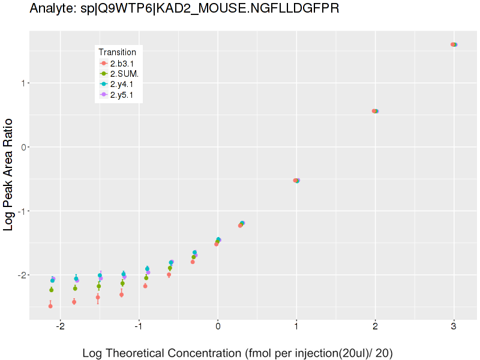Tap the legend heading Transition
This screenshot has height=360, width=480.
pos(117,52)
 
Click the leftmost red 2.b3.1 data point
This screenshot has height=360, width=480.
pos(50,306)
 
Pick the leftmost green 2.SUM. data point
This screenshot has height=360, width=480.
pos(52,290)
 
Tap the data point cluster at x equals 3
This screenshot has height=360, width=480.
pos(454,44)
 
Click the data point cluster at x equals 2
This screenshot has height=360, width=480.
pos(375,111)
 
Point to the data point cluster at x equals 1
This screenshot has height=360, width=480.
pos(296,180)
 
